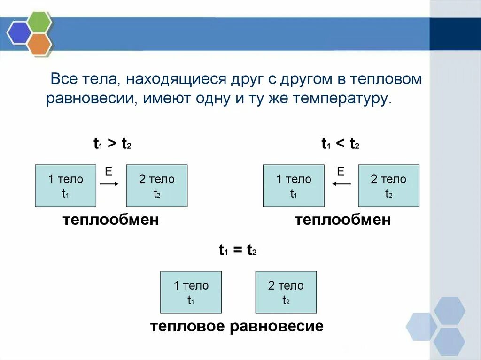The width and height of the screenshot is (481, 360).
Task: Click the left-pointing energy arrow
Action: [x=341, y=184]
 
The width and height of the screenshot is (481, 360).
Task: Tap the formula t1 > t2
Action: [x=112, y=145]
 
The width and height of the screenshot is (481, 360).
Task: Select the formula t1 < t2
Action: [x=340, y=145]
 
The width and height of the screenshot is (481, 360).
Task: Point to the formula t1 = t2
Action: [x=238, y=251]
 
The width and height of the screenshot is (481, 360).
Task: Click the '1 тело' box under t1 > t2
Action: [x=66, y=186]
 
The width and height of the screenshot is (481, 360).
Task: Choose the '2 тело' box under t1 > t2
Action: [x=156, y=186]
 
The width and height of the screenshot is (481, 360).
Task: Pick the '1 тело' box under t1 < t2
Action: [x=294, y=186]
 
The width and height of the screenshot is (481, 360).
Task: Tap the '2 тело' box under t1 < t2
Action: [x=388, y=186]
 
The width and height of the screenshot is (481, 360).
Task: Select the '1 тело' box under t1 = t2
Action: [x=191, y=292]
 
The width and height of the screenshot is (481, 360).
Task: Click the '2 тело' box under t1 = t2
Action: [x=286, y=292]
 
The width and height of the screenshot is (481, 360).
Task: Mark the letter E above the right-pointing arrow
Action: [x=109, y=172]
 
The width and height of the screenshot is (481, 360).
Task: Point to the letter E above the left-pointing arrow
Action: [x=341, y=171]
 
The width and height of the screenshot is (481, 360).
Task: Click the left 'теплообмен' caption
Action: [x=111, y=220]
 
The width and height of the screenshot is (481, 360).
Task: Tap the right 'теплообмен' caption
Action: [x=342, y=220]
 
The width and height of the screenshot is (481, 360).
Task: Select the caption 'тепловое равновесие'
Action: [x=237, y=327]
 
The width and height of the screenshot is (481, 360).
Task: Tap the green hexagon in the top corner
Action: [x=39, y=22]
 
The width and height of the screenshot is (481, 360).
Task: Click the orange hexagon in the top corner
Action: [x=39, y=43]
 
